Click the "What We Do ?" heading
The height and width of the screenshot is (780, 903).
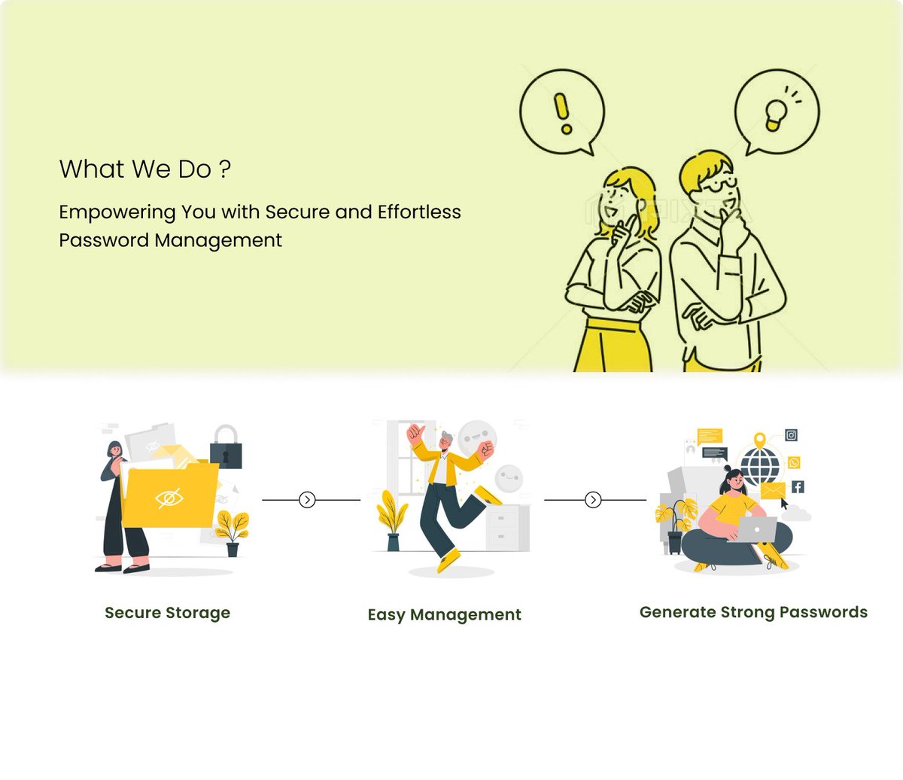point(144,169)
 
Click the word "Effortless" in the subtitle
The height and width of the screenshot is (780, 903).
point(419,212)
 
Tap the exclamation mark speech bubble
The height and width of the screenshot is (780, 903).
point(561,112)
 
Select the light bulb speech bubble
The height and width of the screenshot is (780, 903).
point(776,112)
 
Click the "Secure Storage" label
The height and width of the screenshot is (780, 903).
point(167,613)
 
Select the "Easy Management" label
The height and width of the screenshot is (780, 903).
point(444,615)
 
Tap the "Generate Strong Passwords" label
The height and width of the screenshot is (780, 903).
point(753,612)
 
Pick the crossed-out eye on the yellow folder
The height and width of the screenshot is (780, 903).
point(169,498)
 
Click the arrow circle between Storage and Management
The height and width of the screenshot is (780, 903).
point(307,499)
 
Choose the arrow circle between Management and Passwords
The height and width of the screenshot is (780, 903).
point(593,499)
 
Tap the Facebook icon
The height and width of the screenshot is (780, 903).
point(798,487)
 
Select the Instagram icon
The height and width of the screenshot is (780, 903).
point(791,435)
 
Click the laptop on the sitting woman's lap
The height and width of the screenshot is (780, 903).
point(756,529)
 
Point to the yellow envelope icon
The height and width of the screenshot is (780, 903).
point(773,491)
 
